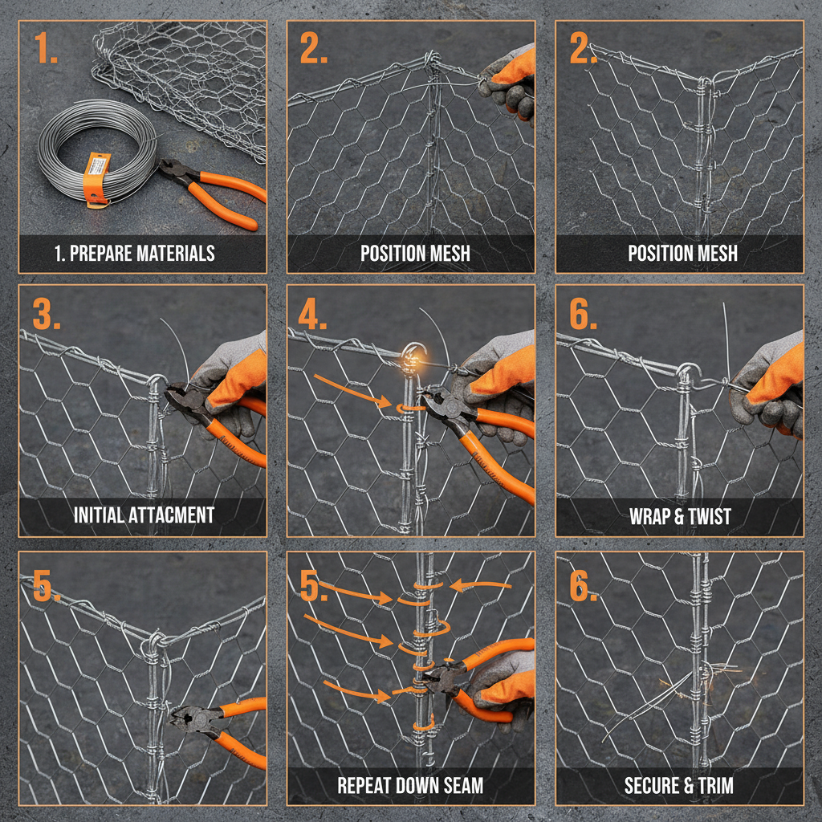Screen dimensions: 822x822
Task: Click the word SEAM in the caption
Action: pyautogui.click(x=460, y=784)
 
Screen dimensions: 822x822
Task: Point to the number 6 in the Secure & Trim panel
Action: pyautogui.click(x=583, y=588)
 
